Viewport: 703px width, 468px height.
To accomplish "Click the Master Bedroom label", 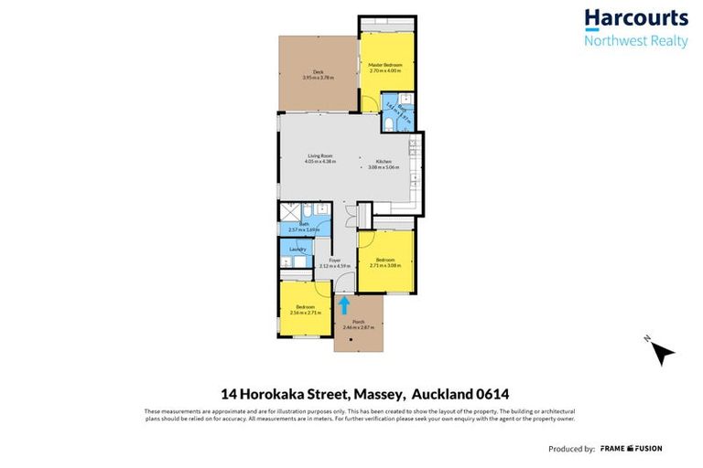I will coord(385,65).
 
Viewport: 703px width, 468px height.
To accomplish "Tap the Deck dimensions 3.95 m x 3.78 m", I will coord(318,78).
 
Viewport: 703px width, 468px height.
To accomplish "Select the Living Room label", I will coord(319,156).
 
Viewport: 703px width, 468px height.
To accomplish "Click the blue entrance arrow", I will coord(345,303).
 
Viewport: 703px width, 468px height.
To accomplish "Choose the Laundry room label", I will coord(297,250).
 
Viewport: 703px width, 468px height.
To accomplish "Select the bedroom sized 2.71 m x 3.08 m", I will coord(385,261).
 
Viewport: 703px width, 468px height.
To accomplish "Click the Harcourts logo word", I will coord(635,18).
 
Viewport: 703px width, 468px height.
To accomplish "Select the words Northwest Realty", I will coord(635,41).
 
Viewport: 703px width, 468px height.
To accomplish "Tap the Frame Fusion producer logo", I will coord(631,449).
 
